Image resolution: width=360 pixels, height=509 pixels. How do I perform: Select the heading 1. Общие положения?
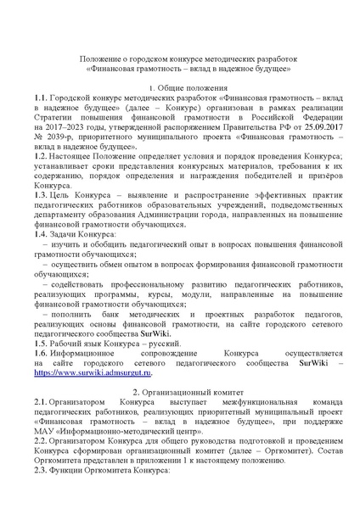click(180, 87)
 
